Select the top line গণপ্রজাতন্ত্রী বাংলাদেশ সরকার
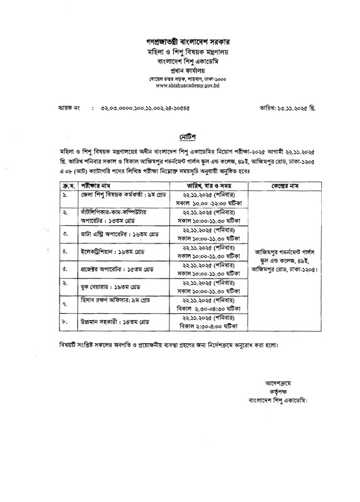[180, 41]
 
